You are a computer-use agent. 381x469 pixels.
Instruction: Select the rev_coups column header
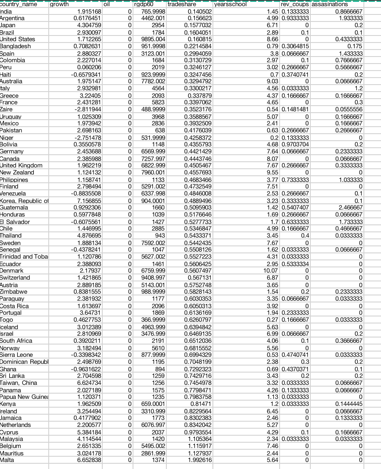coord(295,4)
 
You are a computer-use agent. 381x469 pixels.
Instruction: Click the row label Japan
coord(9,25)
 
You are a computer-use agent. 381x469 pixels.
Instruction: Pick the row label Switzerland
coord(15,278)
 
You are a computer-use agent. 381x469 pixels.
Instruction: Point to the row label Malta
coord(7,460)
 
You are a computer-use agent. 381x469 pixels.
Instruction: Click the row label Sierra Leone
coord(16,355)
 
